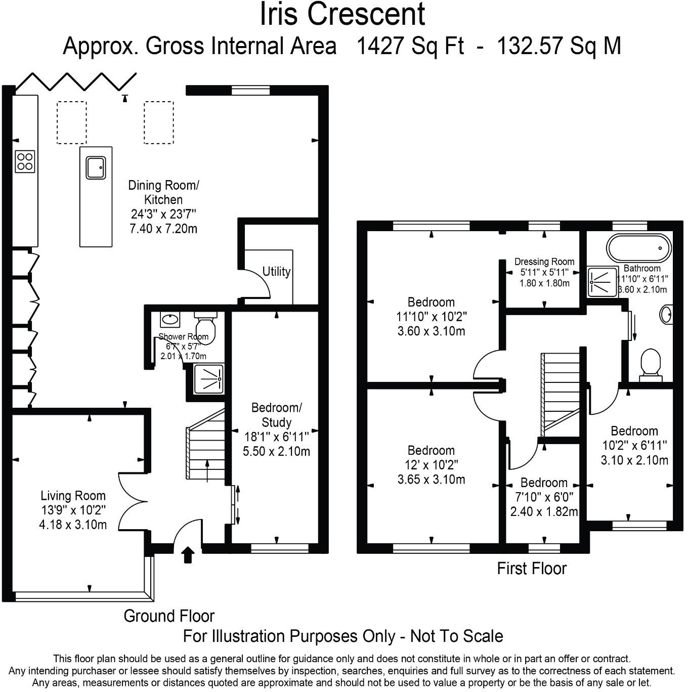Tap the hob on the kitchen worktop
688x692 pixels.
pos(25,161)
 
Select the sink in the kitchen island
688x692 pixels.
pos(96,167)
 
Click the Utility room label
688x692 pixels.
pos(276,272)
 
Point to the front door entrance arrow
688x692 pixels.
pos(188,554)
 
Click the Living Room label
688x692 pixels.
pos(73,496)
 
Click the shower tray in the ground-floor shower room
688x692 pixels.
pos(209,378)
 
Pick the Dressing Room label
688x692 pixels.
pos(544,262)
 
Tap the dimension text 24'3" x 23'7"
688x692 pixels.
pos(163,214)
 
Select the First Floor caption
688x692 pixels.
pos(531,569)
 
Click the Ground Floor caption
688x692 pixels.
pos(169,616)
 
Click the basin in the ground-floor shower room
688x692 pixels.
pos(169,319)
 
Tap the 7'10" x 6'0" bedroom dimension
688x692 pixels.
pos(544,497)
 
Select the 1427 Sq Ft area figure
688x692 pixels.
pos(410,47)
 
